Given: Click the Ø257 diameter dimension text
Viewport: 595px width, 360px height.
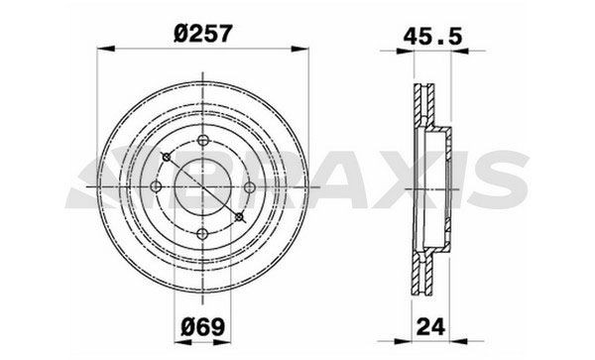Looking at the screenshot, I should click(x=202, y=32).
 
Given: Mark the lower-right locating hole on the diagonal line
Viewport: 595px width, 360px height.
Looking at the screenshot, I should click(x=238, y=215).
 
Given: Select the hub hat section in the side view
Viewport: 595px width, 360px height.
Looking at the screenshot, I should click(x=446, y=186).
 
